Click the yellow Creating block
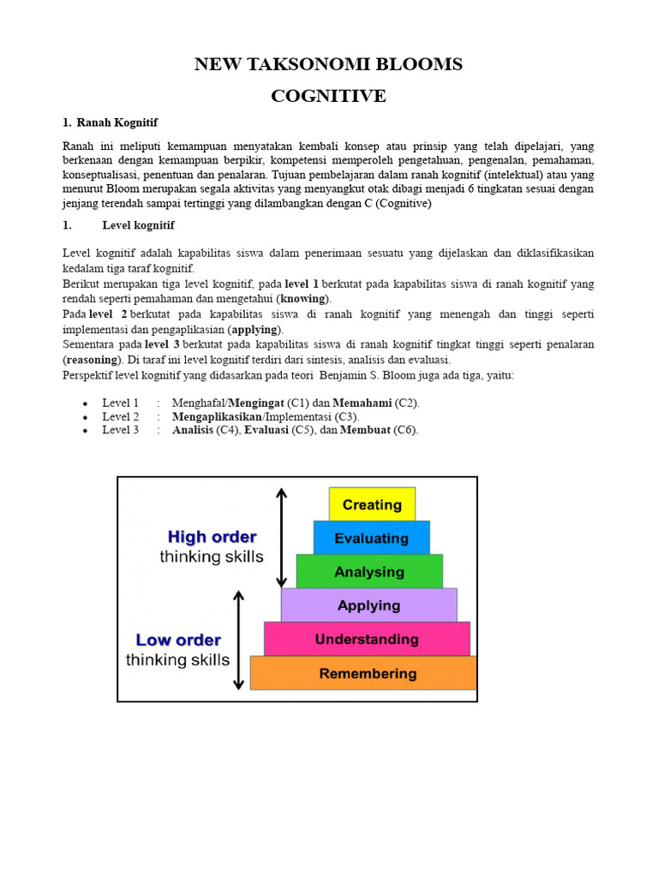point(372,504)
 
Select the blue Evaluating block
point(371,538)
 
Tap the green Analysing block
point(369,571)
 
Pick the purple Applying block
point(368,605)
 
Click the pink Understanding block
point(367,639)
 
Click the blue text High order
point(212,537)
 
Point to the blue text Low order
point(178,640)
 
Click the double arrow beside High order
point(281,537)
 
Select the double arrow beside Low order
point(239,640)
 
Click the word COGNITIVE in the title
point(328,96)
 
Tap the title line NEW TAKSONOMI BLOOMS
point(328,64)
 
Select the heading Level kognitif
point(138,225)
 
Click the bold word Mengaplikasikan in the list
point(216,416)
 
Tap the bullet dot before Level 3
point(85,431)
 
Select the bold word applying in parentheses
point(255,329)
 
